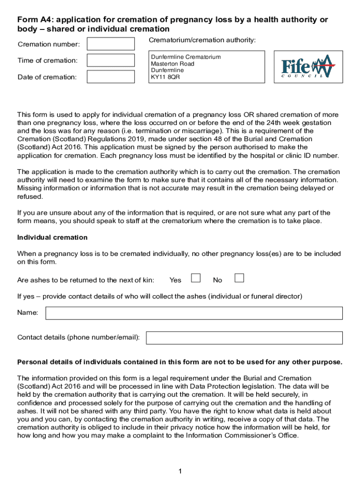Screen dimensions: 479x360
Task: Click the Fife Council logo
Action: (308, 67)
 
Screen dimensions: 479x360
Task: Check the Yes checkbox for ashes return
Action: (196, 279)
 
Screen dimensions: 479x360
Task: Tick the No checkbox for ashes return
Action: (239, 279)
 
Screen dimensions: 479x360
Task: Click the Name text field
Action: (194, 313)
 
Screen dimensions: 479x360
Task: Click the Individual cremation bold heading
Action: (52, 238)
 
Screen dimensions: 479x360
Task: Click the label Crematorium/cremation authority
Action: (202, 41)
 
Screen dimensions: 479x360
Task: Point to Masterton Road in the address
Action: (173, 64)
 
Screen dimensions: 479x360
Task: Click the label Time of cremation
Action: (47, 60)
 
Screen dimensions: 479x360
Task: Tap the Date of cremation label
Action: (47, 77)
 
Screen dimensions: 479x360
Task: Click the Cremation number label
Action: (49, 44)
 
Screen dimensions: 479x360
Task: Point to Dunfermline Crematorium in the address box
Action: (186, 57)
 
